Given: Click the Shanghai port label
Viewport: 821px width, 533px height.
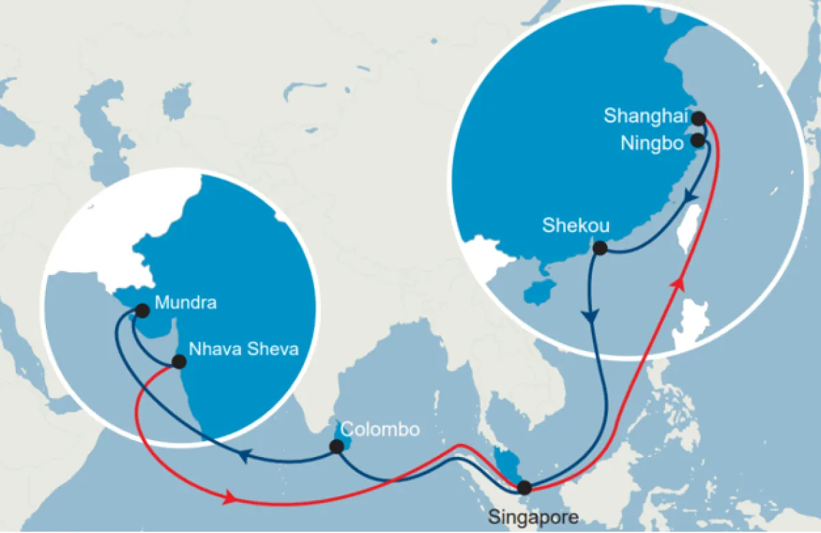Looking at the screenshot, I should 644,116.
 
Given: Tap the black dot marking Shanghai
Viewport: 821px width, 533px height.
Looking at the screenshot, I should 699,118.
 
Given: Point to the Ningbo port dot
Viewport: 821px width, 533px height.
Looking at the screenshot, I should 698,140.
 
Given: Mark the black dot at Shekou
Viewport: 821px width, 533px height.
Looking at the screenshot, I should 600,248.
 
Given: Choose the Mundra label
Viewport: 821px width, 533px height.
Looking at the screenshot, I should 186,302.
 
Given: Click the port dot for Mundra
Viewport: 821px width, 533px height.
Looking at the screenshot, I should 142,311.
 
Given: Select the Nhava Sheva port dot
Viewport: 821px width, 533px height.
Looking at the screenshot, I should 179,362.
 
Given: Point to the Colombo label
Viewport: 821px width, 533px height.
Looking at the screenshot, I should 380,430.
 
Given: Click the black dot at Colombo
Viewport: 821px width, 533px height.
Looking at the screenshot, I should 337,447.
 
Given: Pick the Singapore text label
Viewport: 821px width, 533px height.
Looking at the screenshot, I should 533,516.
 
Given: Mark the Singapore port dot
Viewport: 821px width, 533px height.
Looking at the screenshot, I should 524,488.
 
